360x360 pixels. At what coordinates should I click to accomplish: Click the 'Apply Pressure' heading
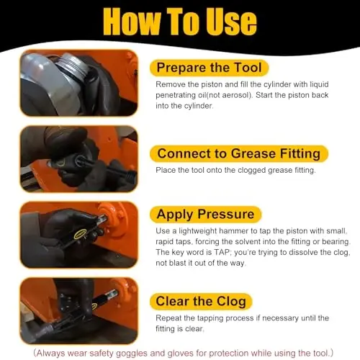point(205,214)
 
